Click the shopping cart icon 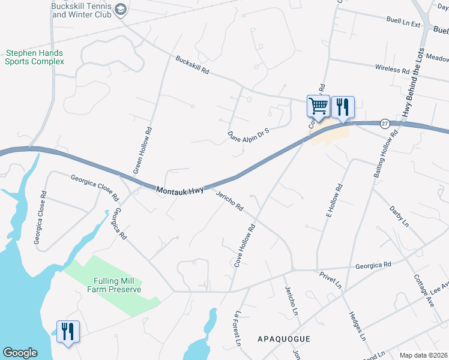(x=319, y=106)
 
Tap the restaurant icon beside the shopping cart (x=343, y=107)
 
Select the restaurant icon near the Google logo (x=68, y=331)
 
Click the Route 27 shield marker (x=384, y=123)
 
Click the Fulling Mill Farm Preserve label (x=117, y=285)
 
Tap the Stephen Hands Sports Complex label (x=34, y=57)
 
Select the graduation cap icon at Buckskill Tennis (x=121, y=10)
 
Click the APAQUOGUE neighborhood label (x=283, y=339)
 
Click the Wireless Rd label (x=392, y=69)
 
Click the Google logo (x=20, y=353)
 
